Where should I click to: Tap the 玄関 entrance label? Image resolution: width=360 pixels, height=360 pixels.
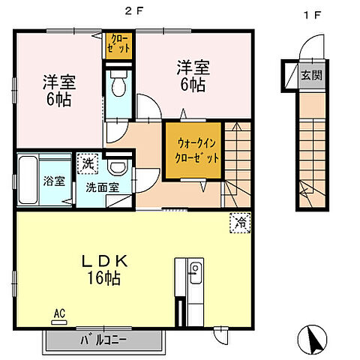(310, 74)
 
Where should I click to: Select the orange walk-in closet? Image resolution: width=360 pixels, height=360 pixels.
(194, 149)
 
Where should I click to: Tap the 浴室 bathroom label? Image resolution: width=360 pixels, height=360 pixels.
(54, 180)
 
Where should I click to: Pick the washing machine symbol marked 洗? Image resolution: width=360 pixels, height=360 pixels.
(88, 161)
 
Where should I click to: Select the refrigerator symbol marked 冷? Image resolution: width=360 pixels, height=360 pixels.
(241, 222)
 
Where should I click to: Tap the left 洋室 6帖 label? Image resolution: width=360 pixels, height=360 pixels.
(58, 91)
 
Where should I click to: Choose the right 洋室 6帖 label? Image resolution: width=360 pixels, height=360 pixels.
(192, 74)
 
